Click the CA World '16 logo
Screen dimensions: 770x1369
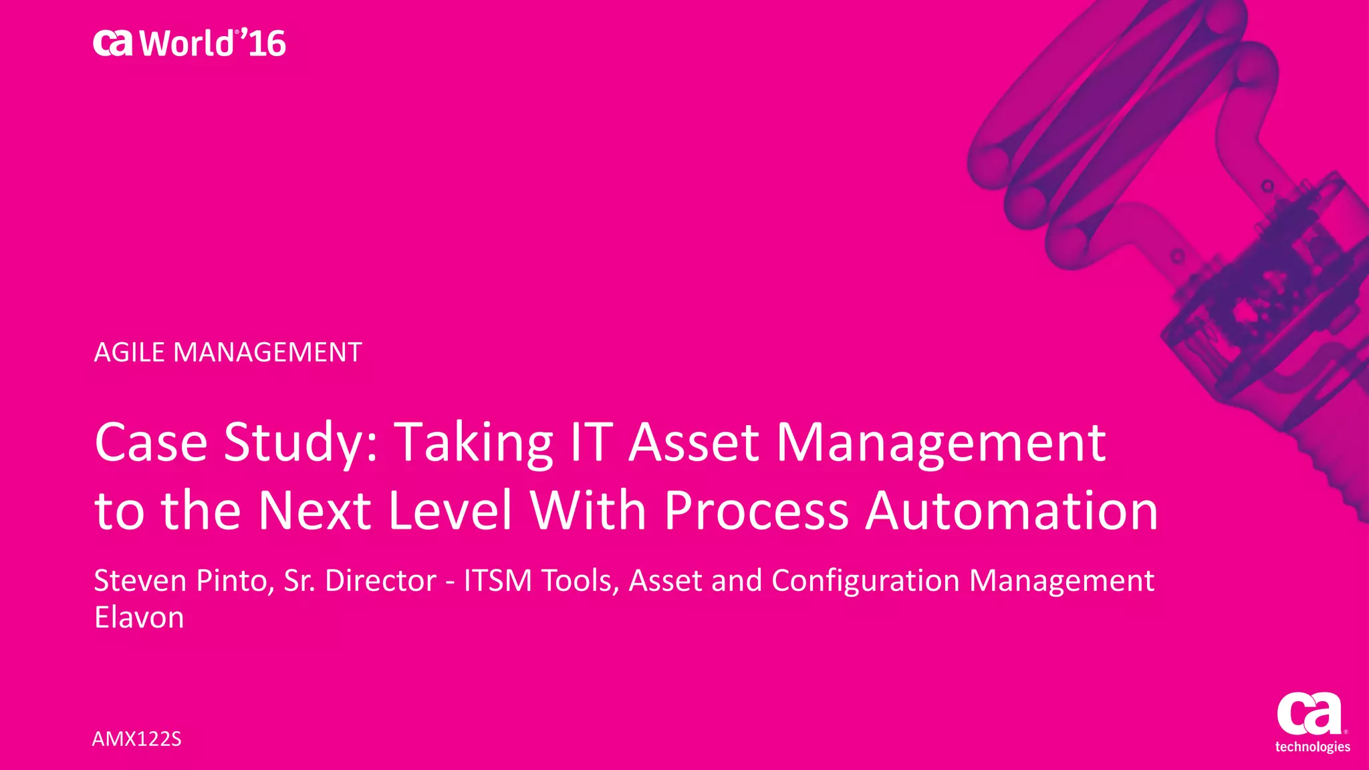(x=189, y=43)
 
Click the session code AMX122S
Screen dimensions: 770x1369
(x=136, y=739)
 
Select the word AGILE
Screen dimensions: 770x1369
(x=130, y=352)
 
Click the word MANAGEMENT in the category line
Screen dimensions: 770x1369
(x=267, y=352)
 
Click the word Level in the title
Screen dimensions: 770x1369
(x=450, y=511)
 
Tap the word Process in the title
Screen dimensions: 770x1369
(x=757, y=511)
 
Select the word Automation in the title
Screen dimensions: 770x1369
(x=1012, y=511)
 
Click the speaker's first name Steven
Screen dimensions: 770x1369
(x=140, y=580)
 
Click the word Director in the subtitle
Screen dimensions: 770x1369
(x=380, y=580)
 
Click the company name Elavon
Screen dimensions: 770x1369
(x=139, y=618)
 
